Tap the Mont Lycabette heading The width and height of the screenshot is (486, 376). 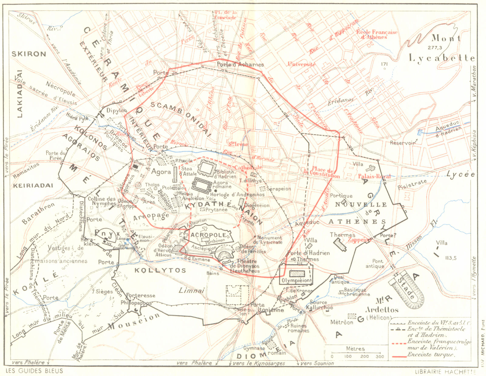[x=442, y=49]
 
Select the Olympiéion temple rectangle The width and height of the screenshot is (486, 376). [x=297, y=274]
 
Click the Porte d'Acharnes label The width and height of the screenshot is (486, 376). [x=240, y=64]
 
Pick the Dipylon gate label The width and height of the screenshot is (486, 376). [x=117, y=110]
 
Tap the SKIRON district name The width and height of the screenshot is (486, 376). [x=29, y=54]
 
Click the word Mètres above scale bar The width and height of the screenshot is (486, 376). [x=355, y=349]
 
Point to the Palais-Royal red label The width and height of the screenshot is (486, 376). [x=374, y=176]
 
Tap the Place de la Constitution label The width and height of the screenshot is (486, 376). [x=322, y=172]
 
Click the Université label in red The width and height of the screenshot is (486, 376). [x=301, y=64]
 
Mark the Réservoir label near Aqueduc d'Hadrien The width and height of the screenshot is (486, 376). [x=402, y=143]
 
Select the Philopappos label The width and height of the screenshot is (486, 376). [x=136, y=303]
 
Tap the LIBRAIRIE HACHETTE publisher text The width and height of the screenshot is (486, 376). [x=445, y=371]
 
